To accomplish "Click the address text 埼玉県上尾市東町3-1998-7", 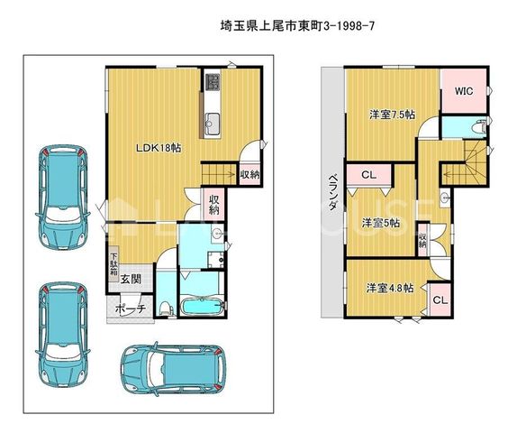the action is [297, 26].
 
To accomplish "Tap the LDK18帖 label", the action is [159, 148].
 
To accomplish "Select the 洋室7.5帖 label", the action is [392, 115].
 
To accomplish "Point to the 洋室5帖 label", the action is [380, 223].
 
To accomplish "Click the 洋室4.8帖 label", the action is [390, 288].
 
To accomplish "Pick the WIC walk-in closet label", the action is [464, 91].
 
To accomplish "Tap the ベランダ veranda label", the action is [333, 192].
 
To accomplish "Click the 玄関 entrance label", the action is [131, 280].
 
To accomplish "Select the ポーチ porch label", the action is [131, 309].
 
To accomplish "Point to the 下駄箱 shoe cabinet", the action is [113, 263].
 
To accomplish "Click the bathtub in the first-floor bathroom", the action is [202, 308].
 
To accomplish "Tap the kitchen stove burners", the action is [212, 81].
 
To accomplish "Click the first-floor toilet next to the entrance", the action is [166, 308].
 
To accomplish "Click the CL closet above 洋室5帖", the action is [369, 175].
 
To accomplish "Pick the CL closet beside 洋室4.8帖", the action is [440, 300].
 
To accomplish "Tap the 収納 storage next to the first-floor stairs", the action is [249, 175].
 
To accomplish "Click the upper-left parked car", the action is [63, 197].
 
